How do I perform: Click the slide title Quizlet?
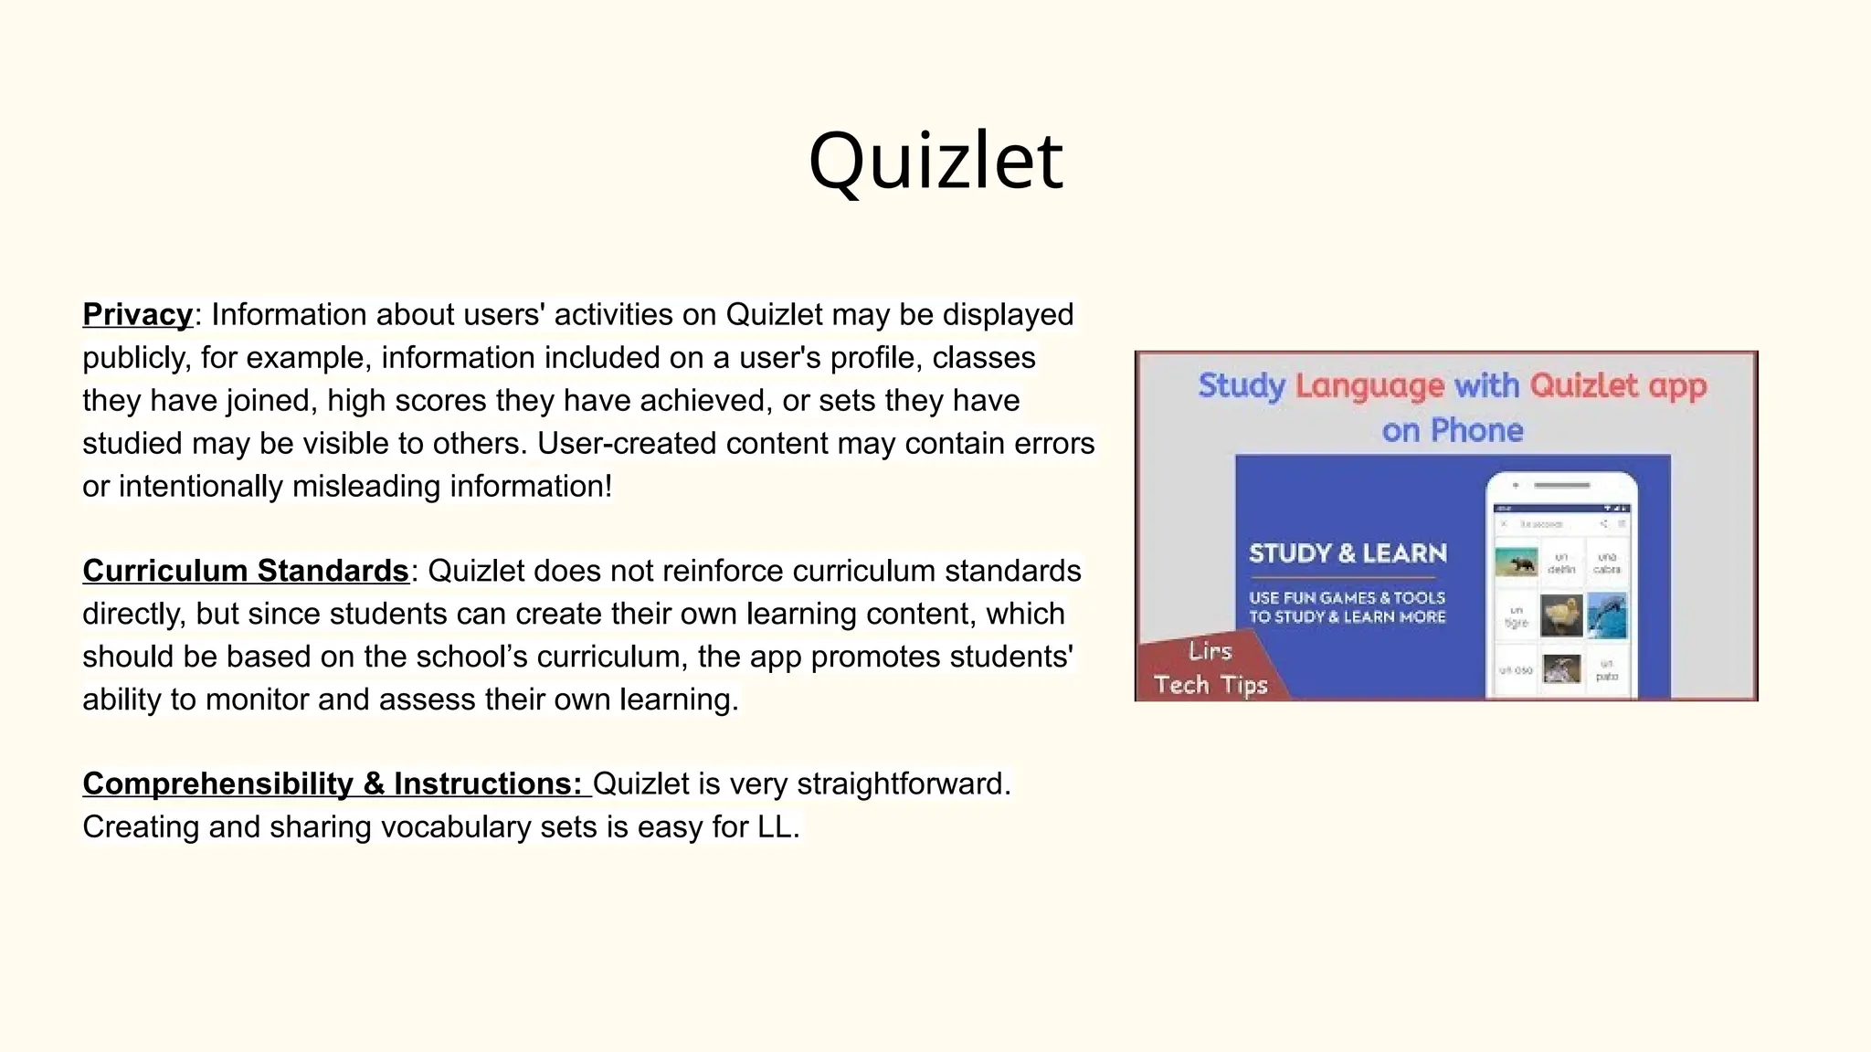(x=935, y=161)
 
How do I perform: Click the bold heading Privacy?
(x=137, y=314)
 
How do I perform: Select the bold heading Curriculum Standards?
(x=245, y=571)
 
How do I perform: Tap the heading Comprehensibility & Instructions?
(x=333, y=784)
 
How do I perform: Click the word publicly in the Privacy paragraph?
(x=133, y=358)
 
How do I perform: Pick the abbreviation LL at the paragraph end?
(x=776, y=826)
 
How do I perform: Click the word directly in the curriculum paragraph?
(x=133, y=614)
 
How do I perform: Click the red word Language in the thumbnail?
(x=1369, y=385)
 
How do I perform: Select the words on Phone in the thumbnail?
(x=1453, y=430)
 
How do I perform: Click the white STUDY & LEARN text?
(x=1348, y=553)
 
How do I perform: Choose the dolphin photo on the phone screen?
(x=1607, y=615)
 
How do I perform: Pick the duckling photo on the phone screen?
(x=1561, y=615)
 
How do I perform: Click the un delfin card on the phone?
(x=1561, y=563)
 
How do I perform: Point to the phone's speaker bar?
(x=1561, y=486)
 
